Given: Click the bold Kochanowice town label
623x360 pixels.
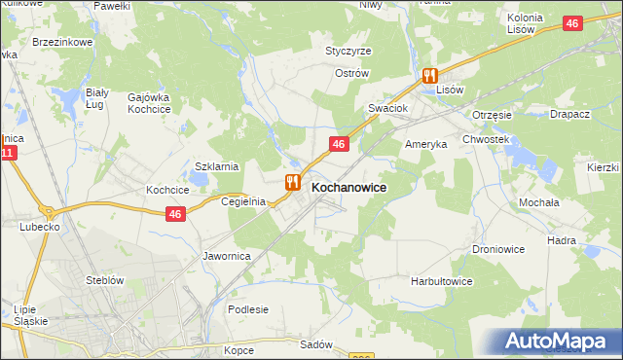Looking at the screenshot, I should tap(348, 186).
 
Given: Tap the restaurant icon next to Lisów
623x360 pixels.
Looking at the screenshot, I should tap(429, 75).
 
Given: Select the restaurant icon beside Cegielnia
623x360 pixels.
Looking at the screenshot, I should tap(292, 182).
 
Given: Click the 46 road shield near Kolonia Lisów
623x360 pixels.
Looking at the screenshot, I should tap(573, 24).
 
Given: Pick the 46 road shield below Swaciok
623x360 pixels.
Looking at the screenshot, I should tap(338, 144).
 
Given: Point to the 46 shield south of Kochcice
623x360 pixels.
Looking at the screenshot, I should tap(175, 214).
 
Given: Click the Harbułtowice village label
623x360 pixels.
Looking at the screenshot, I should tap(441, 281).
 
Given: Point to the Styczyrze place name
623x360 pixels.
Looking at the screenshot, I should tap(348, 51).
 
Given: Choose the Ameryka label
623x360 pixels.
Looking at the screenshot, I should tap(425, 144).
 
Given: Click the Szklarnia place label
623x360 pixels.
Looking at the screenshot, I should tap(217, 166).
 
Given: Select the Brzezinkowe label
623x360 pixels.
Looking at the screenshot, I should tap(62, 43).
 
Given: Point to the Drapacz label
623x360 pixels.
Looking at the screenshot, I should tap(569, 114).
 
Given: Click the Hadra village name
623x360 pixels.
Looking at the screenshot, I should tap(589, 240).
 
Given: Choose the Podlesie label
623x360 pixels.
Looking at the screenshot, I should tap(247, 309).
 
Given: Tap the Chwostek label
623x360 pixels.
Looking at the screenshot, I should tap(487, 140).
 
